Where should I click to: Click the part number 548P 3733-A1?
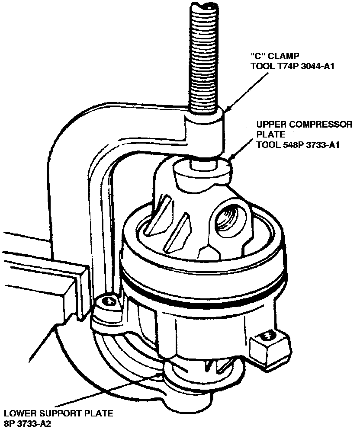coord(309,145)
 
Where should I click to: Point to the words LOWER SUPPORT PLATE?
coord(58,413)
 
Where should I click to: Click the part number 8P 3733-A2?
coord(28,423)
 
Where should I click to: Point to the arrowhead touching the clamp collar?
coord(227,109)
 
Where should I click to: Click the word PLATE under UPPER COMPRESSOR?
coord(268,134)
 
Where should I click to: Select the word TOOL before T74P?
coord(261,66)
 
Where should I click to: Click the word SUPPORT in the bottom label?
coord(58,413)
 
